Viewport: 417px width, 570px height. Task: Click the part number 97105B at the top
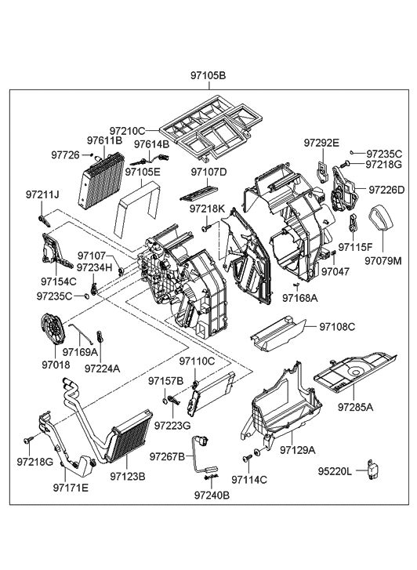pyautogui.click(x=208, y=76)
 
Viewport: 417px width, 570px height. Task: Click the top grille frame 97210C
pyautogui.click(x=208, y=129)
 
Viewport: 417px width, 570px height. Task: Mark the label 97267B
pyautogui.click(x=166, y=457)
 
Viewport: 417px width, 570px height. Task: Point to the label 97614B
pyautogui.click(x=151, y=144)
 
